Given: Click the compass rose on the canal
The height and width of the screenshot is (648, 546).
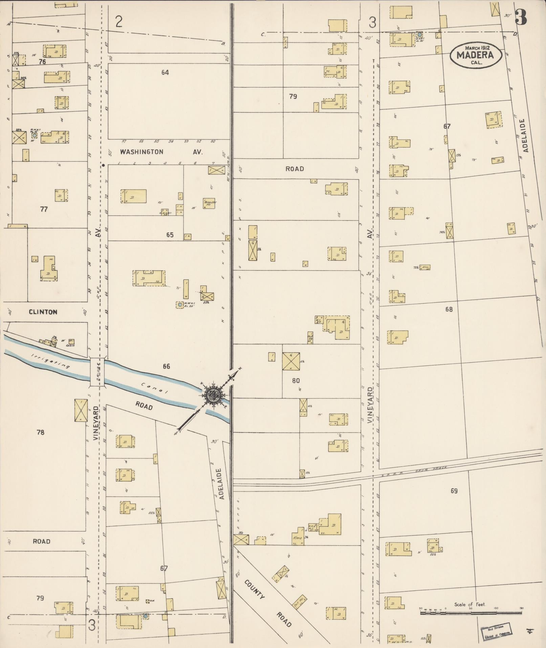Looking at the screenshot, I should coord(212,395).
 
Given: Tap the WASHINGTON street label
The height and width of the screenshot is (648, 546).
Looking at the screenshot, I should coord(142,152).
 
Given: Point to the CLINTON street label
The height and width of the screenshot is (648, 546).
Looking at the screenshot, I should coord(43,312).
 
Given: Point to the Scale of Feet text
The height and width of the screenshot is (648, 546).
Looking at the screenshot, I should coord(469,604).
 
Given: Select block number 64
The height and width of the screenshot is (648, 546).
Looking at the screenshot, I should coord(165,72).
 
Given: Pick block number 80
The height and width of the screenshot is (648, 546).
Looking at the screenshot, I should coord(296,380).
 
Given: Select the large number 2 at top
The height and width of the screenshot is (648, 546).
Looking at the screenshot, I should coord(119,22).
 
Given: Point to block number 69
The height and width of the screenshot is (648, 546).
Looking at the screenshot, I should coord(454,491).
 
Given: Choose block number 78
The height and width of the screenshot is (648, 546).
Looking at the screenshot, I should coord(40,432).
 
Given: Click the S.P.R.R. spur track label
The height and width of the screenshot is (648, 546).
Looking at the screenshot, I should coord(427,469).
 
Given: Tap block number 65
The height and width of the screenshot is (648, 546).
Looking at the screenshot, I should coord(170,235).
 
